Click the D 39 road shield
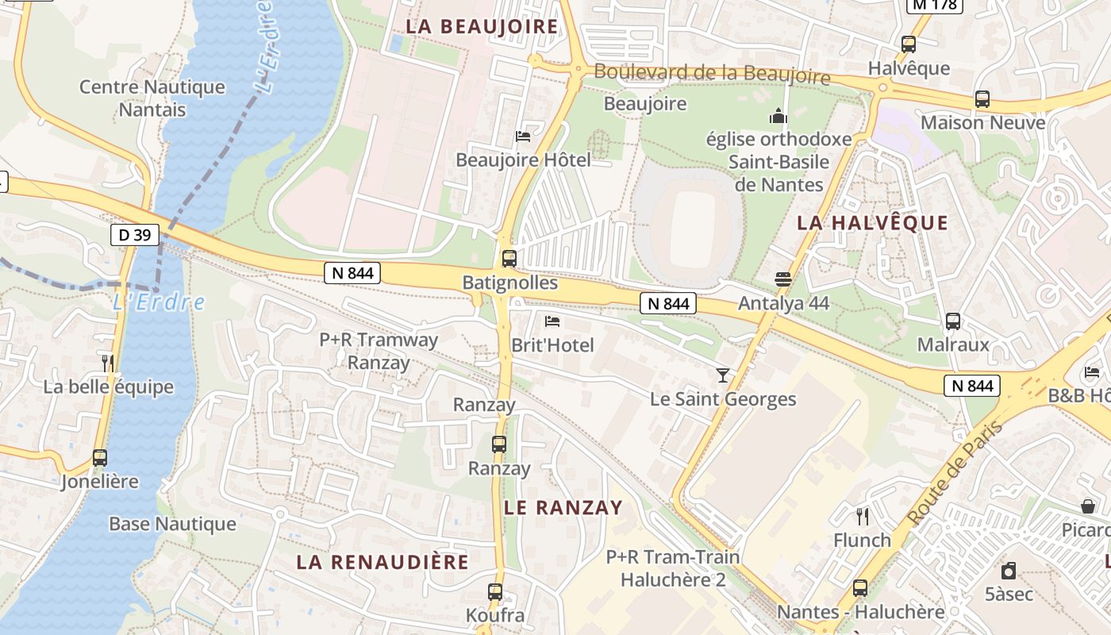tap(135, 234)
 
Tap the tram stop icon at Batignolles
tap(509, 259)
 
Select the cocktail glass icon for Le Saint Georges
tap(722, 375)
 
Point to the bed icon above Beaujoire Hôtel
tap(523, 136)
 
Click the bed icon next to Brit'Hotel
tap(552, 321)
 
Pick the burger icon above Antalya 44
tap(783, 279)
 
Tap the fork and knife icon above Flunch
tap(863, 517)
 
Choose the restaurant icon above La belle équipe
tap(108, 364)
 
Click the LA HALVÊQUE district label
tap(872, 223)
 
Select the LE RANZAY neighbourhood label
tap(563, 508)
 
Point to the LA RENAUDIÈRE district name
tap(383, 562)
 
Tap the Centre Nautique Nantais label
tap(152, 98)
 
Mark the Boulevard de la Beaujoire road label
tap(712, 74)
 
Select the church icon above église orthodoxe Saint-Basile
tap(778, 117)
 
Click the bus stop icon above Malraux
tap(953, 321)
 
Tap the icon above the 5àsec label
tap(1009, 570)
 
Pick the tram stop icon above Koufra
tap(495, 591)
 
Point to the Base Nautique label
tap(172, 524)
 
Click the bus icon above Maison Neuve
tap(982, 99)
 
